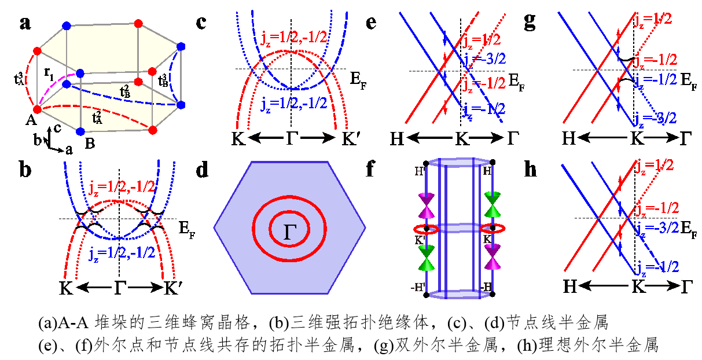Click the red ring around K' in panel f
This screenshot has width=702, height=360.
tap(433, 229)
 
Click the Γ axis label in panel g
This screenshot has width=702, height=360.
tap(686, 138)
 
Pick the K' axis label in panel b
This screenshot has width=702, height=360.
tap(172, 288)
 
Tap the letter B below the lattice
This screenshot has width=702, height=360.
tap(90, 141)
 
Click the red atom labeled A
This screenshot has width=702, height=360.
tap(36, 108)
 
